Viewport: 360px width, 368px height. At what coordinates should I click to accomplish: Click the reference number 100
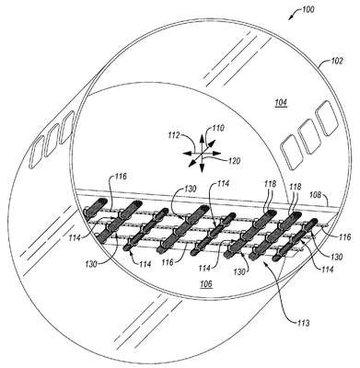click(308, 9)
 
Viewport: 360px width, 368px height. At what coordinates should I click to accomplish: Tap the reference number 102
click(336, 61)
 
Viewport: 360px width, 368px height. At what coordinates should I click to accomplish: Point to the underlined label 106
click(206, 284)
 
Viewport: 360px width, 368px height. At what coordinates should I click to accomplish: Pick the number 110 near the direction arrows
click(219, 128)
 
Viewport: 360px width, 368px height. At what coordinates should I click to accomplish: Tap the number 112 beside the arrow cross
click(174, 135)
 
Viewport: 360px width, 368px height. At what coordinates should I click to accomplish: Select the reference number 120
click(234, 160)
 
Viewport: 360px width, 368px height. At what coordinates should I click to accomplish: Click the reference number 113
click(302, 323)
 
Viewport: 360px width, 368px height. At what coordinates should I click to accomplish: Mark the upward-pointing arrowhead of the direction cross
click(202, 138)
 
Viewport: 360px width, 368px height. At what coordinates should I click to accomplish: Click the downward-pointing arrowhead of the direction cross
click(202, 168)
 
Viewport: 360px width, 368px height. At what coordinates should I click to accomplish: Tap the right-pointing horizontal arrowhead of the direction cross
click(217, 153)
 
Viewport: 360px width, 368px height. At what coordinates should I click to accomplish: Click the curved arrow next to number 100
click(295, 13)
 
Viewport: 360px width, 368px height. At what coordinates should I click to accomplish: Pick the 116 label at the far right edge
click(345, 236)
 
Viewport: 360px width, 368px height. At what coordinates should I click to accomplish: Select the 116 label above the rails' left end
click(121, 177)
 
